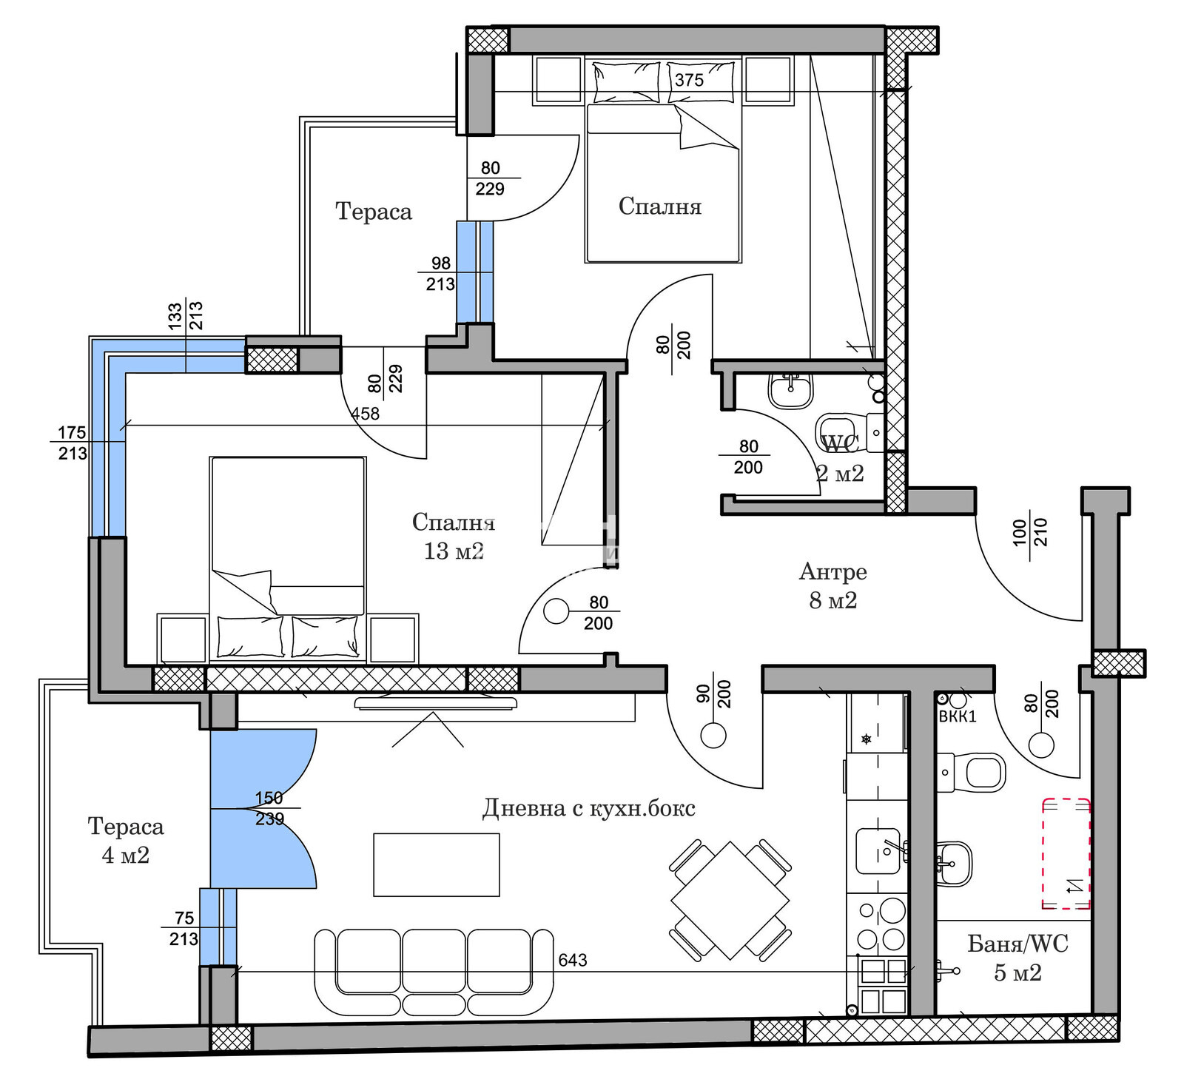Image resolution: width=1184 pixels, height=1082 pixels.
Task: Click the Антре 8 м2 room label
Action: (833, 585)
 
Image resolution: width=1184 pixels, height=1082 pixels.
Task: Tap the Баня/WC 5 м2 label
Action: (1017, 958)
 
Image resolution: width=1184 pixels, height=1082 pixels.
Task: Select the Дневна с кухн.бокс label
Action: (589, 807)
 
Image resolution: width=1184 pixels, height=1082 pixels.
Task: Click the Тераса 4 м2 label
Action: (126, 840)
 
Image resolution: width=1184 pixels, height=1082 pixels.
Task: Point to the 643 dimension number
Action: (573, 960)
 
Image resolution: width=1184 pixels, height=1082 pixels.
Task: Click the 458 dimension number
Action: (365, 414)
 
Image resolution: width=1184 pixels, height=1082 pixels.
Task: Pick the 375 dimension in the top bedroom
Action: (689, 80)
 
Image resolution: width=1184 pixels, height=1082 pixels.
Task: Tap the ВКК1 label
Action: (958, 716)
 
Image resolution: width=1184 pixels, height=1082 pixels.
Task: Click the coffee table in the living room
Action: (437, 864)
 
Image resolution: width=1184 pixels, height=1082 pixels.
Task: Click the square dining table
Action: (730, 900)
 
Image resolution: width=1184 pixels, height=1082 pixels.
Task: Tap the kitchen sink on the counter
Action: (878, 851)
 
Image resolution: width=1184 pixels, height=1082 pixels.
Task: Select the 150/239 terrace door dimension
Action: (269, 808)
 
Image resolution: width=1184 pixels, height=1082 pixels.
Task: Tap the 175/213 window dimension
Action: (73, 443)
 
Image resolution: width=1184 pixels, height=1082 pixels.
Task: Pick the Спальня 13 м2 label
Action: (454, 536)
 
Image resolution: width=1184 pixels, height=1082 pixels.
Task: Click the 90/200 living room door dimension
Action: (714, 694)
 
